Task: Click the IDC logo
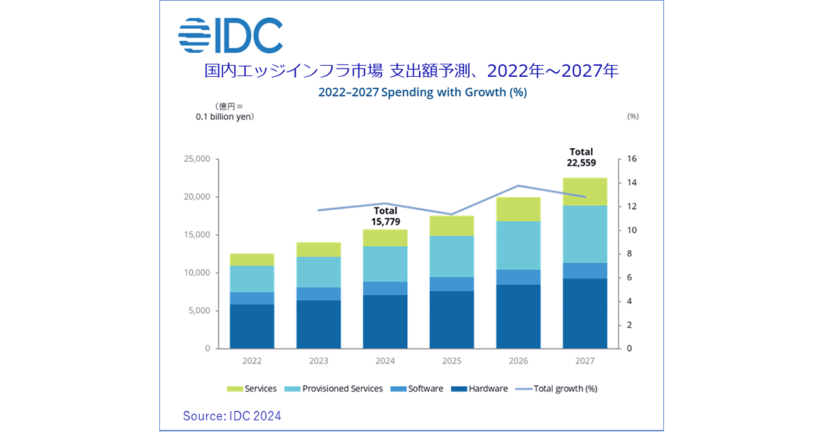click(231, 35)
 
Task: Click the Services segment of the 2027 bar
click(584, 191)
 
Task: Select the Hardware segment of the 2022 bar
click(252, 326)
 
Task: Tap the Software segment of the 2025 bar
click(452, 284)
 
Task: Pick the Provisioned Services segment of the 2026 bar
click(518, 245)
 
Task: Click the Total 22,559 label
click(581, 158)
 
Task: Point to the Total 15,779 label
click(385, 216)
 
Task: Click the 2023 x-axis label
click(318, 360)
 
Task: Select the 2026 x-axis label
click(518, 360)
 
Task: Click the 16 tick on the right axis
click(632, 159)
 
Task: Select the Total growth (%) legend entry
click(558, 389)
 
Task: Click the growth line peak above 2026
click(518, 186)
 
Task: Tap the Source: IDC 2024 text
click(232, 416)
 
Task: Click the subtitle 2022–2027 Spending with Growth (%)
click(422, 93)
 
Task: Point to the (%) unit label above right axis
click(633, 117)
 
